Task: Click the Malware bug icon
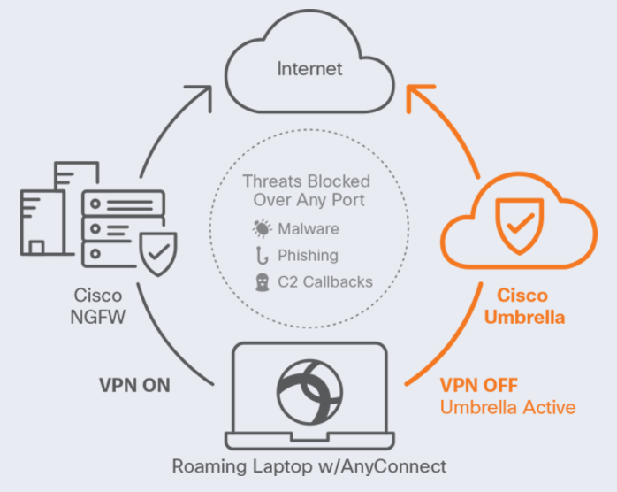tap(263, 229)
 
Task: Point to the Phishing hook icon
tap(263, 256)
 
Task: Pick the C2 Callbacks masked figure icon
tap(263, 281)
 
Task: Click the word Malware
tap(308, 229)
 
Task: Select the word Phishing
tap(308, 256)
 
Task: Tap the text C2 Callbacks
tap(324, 281)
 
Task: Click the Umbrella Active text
tap(507, 408)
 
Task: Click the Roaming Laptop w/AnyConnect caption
tap(308, 466)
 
